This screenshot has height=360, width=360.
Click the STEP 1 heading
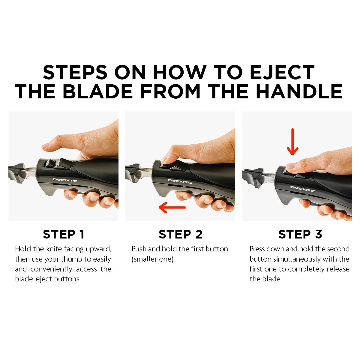(64, 234)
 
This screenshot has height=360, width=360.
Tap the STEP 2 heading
(181, 234)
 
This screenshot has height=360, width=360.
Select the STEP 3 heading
(300, 234)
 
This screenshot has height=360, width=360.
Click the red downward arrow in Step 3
(292, 142)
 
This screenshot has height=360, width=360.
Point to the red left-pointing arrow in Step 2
(172, 207)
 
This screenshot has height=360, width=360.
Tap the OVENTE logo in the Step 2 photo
(179, 181)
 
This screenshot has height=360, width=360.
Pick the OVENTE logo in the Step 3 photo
(302, 189)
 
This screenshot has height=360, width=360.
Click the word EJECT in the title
(282, 72)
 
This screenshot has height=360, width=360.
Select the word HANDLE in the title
(299, 91)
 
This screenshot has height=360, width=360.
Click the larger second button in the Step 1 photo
(63, 164)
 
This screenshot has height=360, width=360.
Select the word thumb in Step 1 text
(72, 259)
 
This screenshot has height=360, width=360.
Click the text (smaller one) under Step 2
(153, 259)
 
